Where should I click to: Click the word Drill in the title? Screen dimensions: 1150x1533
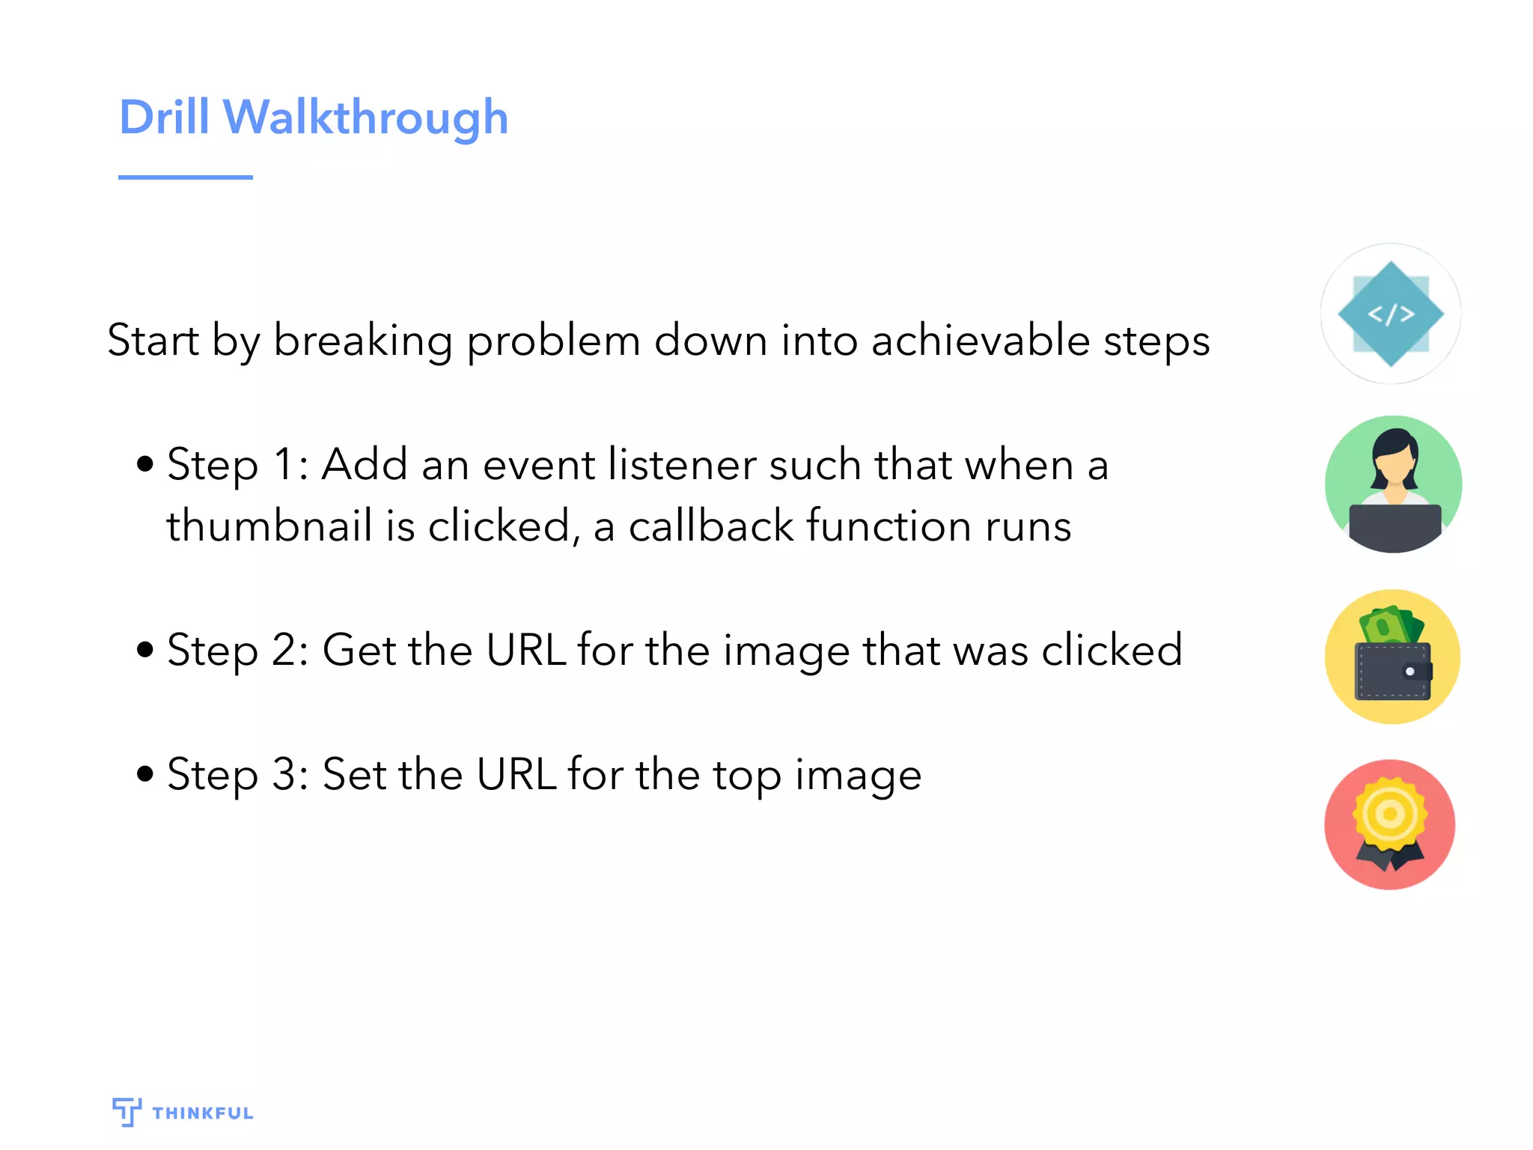pos(164,118)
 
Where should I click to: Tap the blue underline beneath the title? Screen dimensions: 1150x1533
pos(185,177)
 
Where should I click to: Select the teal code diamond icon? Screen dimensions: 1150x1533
pos(1390,314)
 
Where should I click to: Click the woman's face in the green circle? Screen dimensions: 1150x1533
pos(1394,465)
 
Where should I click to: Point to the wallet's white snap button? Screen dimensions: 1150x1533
pos(1409,672)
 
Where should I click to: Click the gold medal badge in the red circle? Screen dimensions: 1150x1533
pos(1390,815)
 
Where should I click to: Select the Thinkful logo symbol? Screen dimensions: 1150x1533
pos(127,1112)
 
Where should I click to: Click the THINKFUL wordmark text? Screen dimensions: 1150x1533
pos(203,1113)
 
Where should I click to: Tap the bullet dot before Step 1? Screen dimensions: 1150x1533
pos(145,464)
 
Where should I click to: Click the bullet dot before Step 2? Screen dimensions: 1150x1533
pos(145,649)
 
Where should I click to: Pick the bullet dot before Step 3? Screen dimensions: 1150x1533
pos(145,773)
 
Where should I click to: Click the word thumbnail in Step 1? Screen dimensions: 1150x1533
pos(269,526)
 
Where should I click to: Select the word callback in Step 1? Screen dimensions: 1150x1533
pos(710,526)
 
